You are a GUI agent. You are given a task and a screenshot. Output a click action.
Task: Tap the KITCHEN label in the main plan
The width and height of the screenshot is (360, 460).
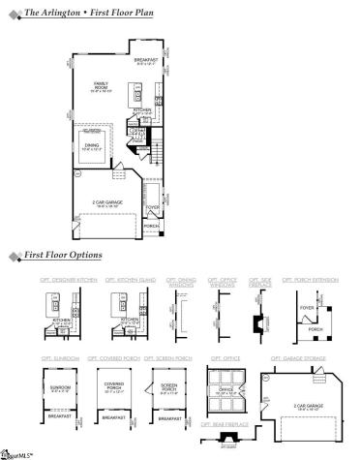click(x=141, y=110)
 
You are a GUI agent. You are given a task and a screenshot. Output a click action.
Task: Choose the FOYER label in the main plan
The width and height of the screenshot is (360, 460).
click(x=153, y=205)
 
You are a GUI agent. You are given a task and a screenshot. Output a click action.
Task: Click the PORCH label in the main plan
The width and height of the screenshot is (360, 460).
click(x=152, y=225)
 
